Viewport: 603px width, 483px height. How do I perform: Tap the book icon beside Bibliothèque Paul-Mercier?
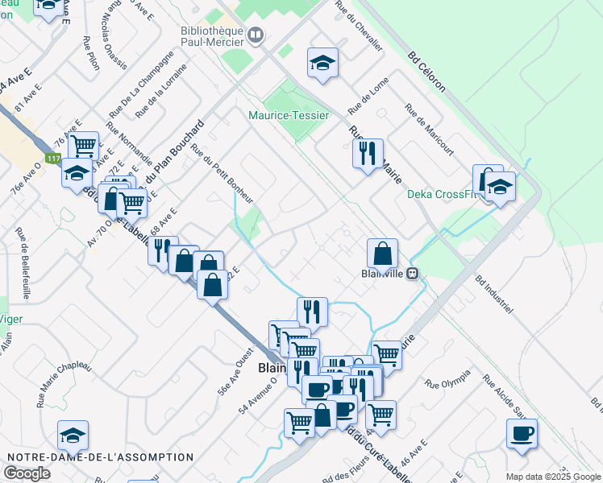point(256,35)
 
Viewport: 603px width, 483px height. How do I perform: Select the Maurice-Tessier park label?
point(289,115)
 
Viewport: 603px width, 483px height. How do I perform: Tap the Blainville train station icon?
point(413,273)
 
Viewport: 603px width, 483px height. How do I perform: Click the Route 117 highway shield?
point(53,159)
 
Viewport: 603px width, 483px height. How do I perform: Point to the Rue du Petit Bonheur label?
point(222,171)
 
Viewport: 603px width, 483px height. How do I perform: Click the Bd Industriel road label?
point(494,297)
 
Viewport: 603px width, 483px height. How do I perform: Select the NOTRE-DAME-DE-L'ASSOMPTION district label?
point(101,457)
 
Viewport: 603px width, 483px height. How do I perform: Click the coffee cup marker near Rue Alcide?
point(522,434)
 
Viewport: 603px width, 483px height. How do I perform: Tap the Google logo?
point(27,473)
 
